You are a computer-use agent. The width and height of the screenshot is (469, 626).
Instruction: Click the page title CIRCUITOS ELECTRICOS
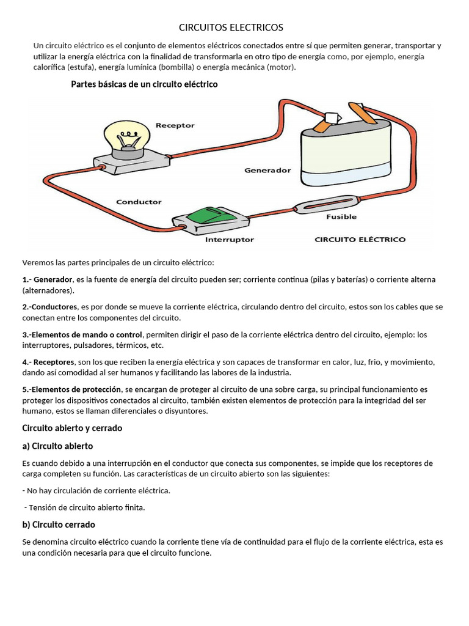click(x=231, y=28)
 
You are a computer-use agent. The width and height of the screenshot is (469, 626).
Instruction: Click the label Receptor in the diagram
click(x=175, y=125)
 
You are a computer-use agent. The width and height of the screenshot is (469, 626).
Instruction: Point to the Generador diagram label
click(x=267, y=171)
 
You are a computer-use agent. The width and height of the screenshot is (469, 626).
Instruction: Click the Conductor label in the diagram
click(x=139, y=202)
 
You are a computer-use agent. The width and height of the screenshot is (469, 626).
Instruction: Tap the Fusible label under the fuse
click(x=341, y=216)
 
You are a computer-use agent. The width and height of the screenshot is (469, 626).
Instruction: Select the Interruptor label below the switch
click(x=230, y=240)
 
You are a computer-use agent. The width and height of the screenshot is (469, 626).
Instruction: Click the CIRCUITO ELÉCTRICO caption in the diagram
click(x=360, y=240)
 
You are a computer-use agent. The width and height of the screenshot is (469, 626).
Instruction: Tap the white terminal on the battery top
click(x=333, y=118)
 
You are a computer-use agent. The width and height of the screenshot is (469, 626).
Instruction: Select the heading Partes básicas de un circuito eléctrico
click(x=144, y=84)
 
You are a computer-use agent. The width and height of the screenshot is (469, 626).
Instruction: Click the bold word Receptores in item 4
click(x=54, y=362)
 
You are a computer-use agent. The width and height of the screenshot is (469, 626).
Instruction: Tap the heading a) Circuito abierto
click(x=57, y=446)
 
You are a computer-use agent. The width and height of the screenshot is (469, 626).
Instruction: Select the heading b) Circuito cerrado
click(x=59, y=525)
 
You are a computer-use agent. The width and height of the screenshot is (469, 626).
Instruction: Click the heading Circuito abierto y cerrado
click(x=72, y=428)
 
